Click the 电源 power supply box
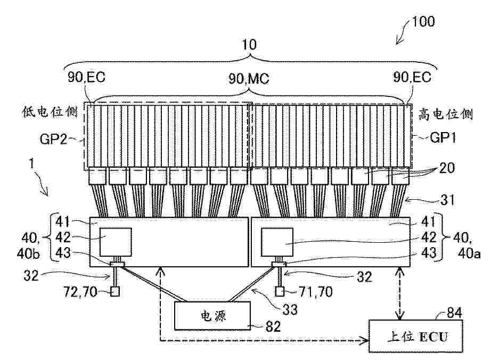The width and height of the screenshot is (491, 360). tap(212, 316)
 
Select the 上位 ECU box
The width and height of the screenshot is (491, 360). tap(415, 337)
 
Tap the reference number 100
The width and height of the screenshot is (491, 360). tap(423, 22)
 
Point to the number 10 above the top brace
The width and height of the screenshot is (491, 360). tap(249, 45)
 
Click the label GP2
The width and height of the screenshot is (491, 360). tap(53, 138)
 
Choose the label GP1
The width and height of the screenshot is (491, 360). tap(443, 137)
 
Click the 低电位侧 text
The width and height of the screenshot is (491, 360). tap(50, 112)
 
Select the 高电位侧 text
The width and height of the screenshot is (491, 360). tap(445, 114)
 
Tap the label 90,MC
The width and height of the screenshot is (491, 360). tap(249, 79)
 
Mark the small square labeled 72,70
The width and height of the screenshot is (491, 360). tap(115, 292)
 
